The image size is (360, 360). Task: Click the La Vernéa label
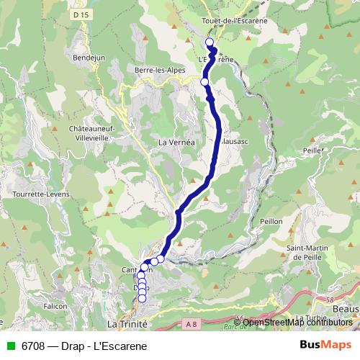(x=176, y=143)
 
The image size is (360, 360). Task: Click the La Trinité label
(x=127, y=325)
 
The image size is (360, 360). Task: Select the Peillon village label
(x=271, y=221)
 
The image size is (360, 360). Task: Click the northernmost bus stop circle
(x=210, y=42)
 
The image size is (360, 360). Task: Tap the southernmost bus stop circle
(x=142, y=298)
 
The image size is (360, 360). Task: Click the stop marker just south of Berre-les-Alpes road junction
(x=204, y=82)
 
